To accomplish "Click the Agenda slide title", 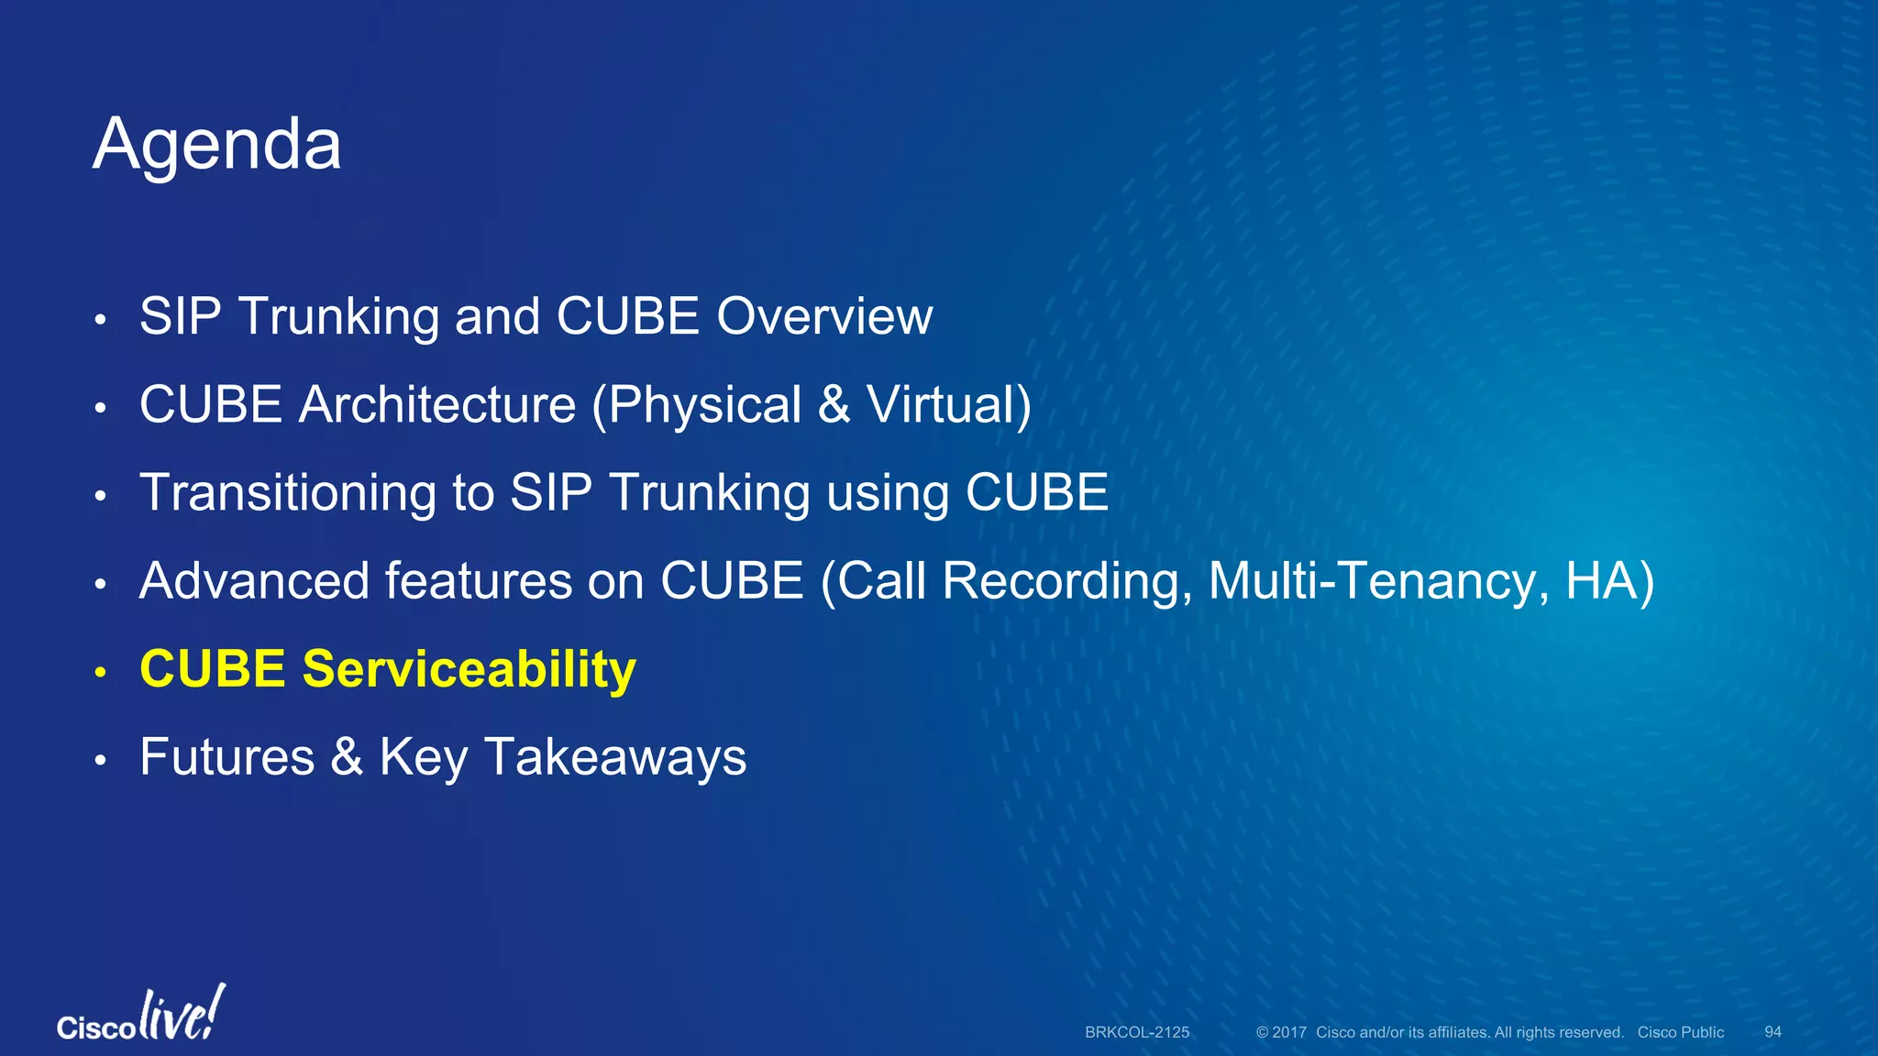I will (216, 145).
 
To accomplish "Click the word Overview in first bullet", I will (823, 316).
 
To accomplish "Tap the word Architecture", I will (437, 404).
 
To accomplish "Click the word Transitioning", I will (288, 492).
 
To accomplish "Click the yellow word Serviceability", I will (469, 669).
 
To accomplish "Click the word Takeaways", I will (614, 757).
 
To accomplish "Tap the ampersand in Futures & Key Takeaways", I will (347, 757).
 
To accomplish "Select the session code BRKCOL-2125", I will (1137, 1032).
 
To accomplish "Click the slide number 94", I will (1773, 1032).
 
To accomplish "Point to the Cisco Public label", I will (1680, 1032).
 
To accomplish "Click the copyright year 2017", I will (1288, 1032).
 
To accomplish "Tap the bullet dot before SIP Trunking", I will (101, 321).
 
